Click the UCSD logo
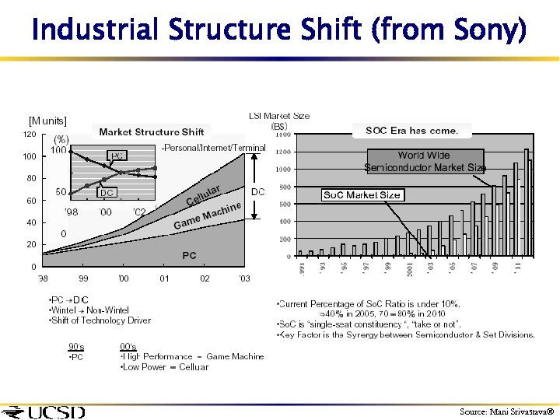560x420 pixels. pyautogui.click(x=44, y=411)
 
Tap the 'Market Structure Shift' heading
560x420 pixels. pyautogui.click(x=152, y=131)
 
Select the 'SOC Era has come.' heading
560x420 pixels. pyautogui.click(x=411, y=130)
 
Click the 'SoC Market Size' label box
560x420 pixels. pyautogui.click(x=362, y=194)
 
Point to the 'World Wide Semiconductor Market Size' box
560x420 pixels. pyautogui.click(x=425, y=161)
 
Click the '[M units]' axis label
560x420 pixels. pyautogui.click(x=48, y=121)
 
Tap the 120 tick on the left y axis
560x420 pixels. pyautogui.click(x=28, y=135)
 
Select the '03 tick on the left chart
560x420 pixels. pyautogui.click(x=244, y=278)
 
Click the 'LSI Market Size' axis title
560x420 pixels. pyautogui.click(x=279, y=116)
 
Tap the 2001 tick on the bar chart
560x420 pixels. pyautogui.click(x=409, y=268)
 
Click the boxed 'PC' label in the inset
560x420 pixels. pyautogui.click(x=117, y=156)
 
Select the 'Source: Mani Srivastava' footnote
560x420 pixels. pyautogui.click(x=506, y=411)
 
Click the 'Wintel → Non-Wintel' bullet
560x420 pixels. pyautogui.click(x=89, y=310)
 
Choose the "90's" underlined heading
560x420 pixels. pyautogui.click(x=77, y=346)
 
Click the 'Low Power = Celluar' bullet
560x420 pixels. pyautogui.click(x=164, y=366)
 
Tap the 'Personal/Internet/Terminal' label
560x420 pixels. pyautogui.click(x=214, y=148)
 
